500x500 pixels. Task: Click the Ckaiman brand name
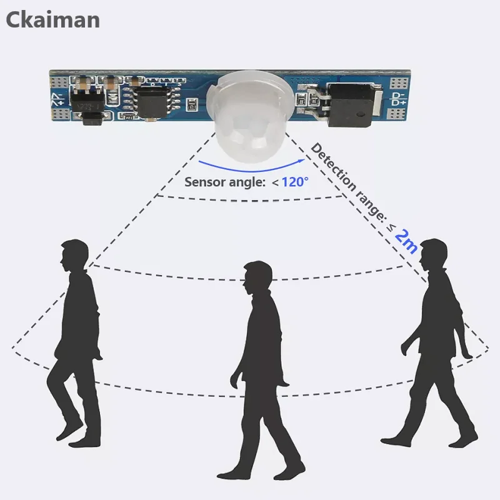pos(52,19)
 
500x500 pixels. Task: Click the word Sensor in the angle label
pos(203,183)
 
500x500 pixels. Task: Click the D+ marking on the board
pos(399,102)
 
